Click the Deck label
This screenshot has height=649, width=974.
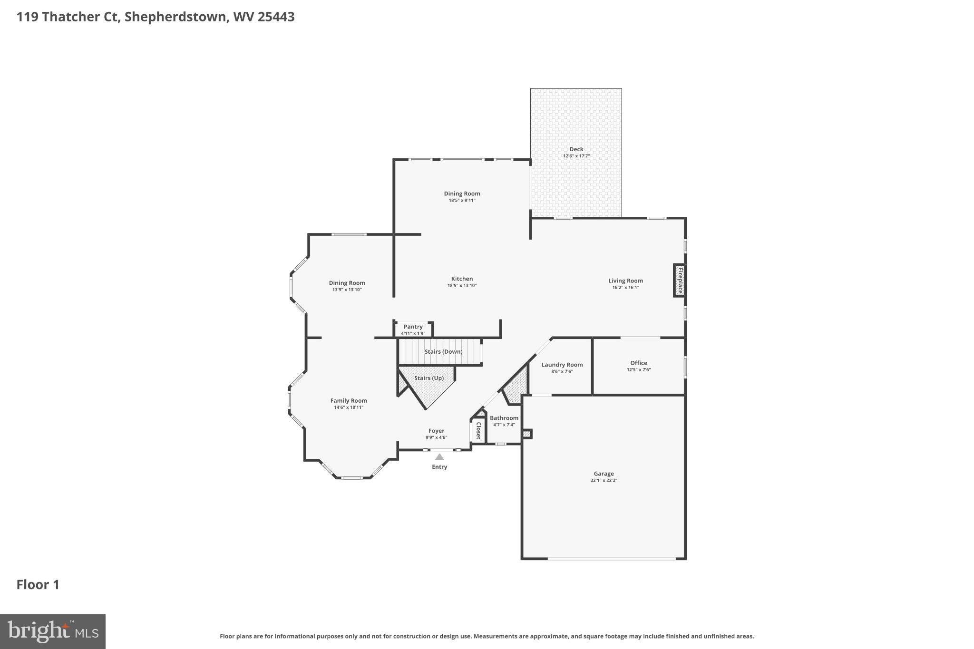click(x=576, y=149)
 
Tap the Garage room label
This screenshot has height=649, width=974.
click(x=604, y=474)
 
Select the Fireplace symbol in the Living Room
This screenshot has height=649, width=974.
click(x=680, y=281)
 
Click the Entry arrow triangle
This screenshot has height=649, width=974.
click(x=439, y=457)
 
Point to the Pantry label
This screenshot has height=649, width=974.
click(x=413, y=327)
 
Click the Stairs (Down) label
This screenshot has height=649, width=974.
click(x=443, y=352)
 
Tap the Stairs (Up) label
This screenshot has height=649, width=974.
click(x=429, y=378)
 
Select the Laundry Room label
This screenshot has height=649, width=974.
click(x=562, y=365)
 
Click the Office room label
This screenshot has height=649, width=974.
click(x=638, y=363)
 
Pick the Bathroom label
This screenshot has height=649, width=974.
click(x=504, y=418)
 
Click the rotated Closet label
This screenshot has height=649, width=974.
click(x=478, y=431)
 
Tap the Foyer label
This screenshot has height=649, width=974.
click(x=436, y=431)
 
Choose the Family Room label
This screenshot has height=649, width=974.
click(x=349, y=401)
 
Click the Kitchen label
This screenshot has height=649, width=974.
click(x=462, y=279)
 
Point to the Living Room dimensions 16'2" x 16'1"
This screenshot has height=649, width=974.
click(x=625, y=288)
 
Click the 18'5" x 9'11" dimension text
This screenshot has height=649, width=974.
click(x=462, y=201)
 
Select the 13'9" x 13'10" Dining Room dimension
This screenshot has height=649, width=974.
click(x=347, y=290)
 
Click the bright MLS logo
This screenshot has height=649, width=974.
click(x=53, y=631)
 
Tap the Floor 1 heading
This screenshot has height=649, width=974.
click(x=38, y=585)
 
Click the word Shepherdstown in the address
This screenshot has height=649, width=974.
click(x=175, y=17)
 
